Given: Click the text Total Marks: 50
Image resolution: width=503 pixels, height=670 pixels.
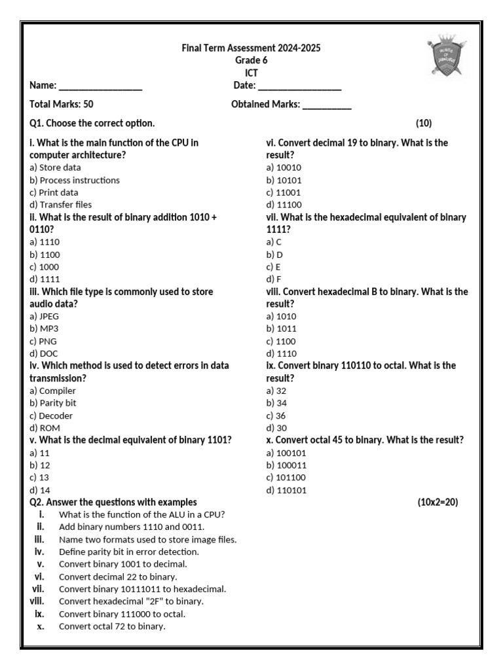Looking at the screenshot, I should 62,104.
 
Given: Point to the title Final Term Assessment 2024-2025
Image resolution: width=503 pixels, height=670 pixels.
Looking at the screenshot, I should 251,48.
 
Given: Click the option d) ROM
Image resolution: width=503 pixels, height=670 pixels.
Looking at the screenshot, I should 45,428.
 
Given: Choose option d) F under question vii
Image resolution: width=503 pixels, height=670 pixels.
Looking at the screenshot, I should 274,279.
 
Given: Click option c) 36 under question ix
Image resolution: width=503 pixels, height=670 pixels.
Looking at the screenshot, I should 276,415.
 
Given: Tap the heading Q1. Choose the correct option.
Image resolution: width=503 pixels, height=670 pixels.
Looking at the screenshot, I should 92,123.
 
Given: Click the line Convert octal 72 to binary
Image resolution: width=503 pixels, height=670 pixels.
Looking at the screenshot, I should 112,626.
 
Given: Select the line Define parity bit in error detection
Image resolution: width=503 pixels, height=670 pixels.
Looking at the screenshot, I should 128,552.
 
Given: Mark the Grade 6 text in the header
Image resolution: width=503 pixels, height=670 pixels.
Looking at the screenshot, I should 251,60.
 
